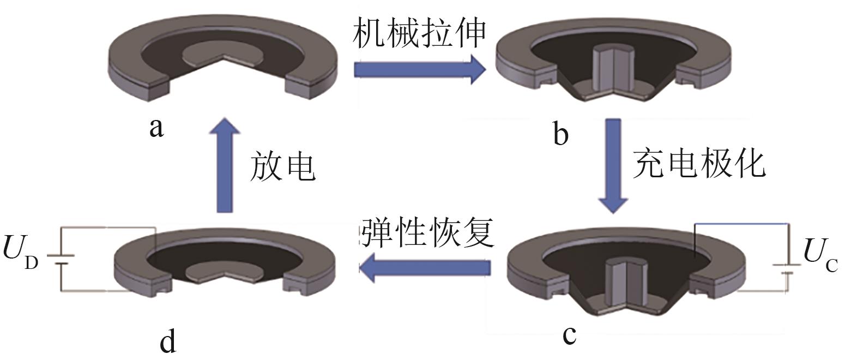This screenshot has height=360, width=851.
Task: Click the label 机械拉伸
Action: pos(419,34)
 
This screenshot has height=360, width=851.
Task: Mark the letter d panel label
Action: pos(168,341)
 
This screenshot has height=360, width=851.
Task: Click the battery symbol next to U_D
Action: pos(59,258)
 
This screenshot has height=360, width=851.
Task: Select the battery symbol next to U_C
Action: pos(787,269)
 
